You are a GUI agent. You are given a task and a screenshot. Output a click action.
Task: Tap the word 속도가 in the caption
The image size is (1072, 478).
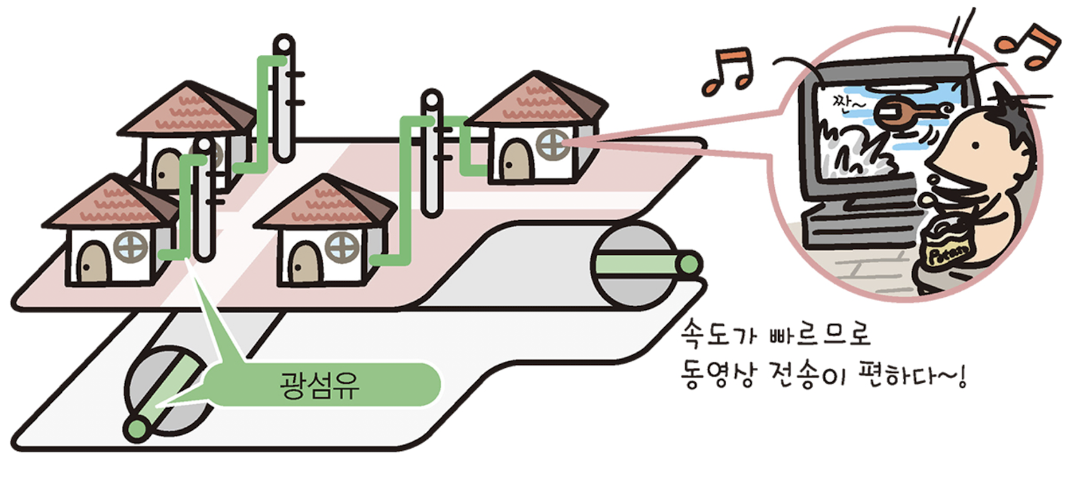pos(712,332)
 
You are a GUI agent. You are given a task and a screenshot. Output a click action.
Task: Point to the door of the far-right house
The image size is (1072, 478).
pos(516,159)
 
